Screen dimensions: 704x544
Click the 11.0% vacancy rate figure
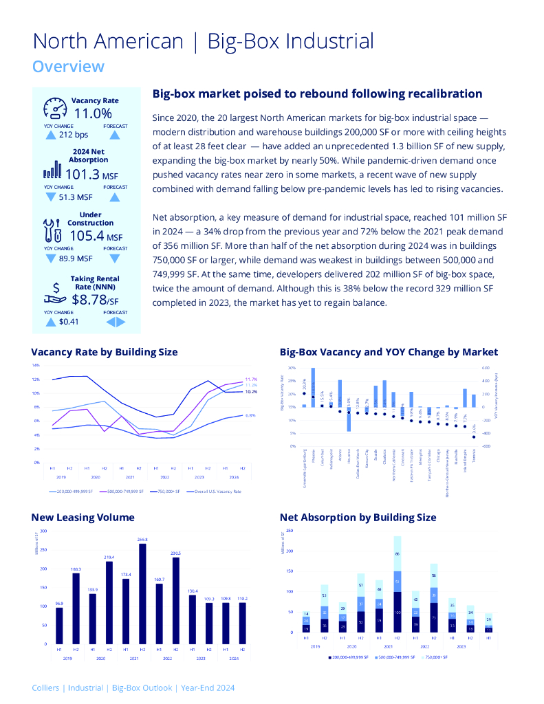click(x=93, y=113)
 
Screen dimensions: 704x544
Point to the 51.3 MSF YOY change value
click(x=76, y=197)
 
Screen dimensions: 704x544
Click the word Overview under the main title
click(x=69, y=67)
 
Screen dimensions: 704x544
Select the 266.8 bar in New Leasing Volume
click(x=142, y=593)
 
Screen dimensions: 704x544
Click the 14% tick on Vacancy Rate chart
click(x=35, y=365)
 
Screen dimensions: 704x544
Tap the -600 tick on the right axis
click(x=485, y=445)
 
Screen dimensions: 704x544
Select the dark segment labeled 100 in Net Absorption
click(x=398, y=612)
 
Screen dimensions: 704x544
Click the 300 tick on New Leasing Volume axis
click(x=44, y=531)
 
